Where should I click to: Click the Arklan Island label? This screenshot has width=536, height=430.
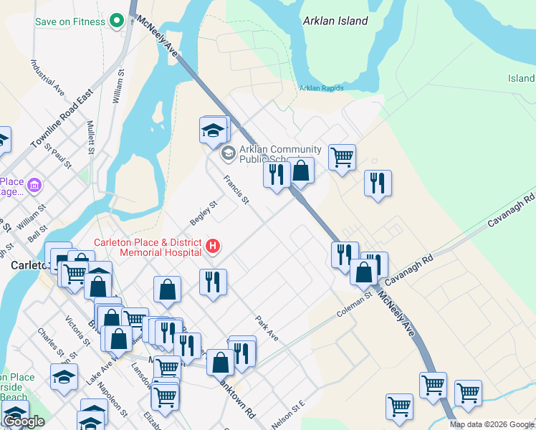335,21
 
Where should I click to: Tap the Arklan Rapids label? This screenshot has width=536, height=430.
321,88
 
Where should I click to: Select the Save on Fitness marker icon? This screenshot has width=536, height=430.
117,21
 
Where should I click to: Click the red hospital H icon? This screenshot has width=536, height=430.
212,247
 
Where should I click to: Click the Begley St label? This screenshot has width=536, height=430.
203,211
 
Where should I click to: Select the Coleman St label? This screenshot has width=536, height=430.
355,306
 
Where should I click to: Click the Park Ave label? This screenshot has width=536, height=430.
267,328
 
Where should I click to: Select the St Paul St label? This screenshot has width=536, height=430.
58,156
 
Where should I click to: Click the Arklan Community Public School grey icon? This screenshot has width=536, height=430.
228,152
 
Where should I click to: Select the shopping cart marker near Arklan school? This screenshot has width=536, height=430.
342,156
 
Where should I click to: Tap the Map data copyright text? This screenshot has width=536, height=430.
492,424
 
